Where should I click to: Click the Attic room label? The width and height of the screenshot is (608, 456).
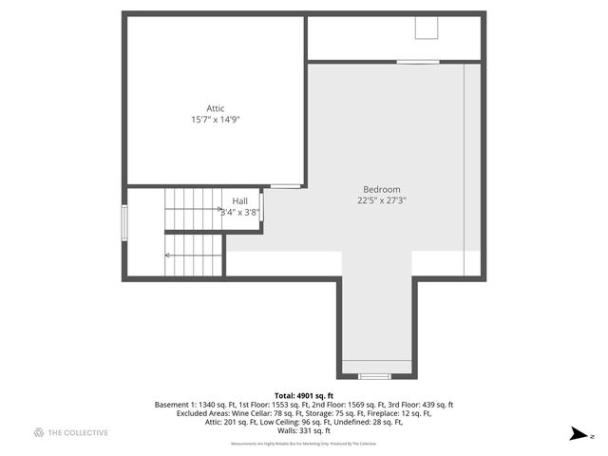(216, 108)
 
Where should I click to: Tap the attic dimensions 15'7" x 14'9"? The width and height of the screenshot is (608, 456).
(216, 120)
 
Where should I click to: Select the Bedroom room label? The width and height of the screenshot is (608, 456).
(382, 189)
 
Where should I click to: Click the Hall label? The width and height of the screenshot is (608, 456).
(239, 201)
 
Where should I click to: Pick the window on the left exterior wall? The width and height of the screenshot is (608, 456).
(123, 226)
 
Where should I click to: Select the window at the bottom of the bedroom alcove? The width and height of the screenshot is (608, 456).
(374, 376)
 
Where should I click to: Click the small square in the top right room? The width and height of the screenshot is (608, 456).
(426, 28)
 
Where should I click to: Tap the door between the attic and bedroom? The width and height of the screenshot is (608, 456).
(285, 185)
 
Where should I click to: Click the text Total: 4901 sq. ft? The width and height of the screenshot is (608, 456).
(304, 395)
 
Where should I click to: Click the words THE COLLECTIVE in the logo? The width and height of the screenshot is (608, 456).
(79, 433)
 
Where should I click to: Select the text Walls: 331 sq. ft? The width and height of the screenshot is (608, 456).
(304, 430)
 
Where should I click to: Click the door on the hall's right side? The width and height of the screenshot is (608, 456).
(262, 207)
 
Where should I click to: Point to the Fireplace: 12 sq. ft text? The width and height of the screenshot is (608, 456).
(397, 413)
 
